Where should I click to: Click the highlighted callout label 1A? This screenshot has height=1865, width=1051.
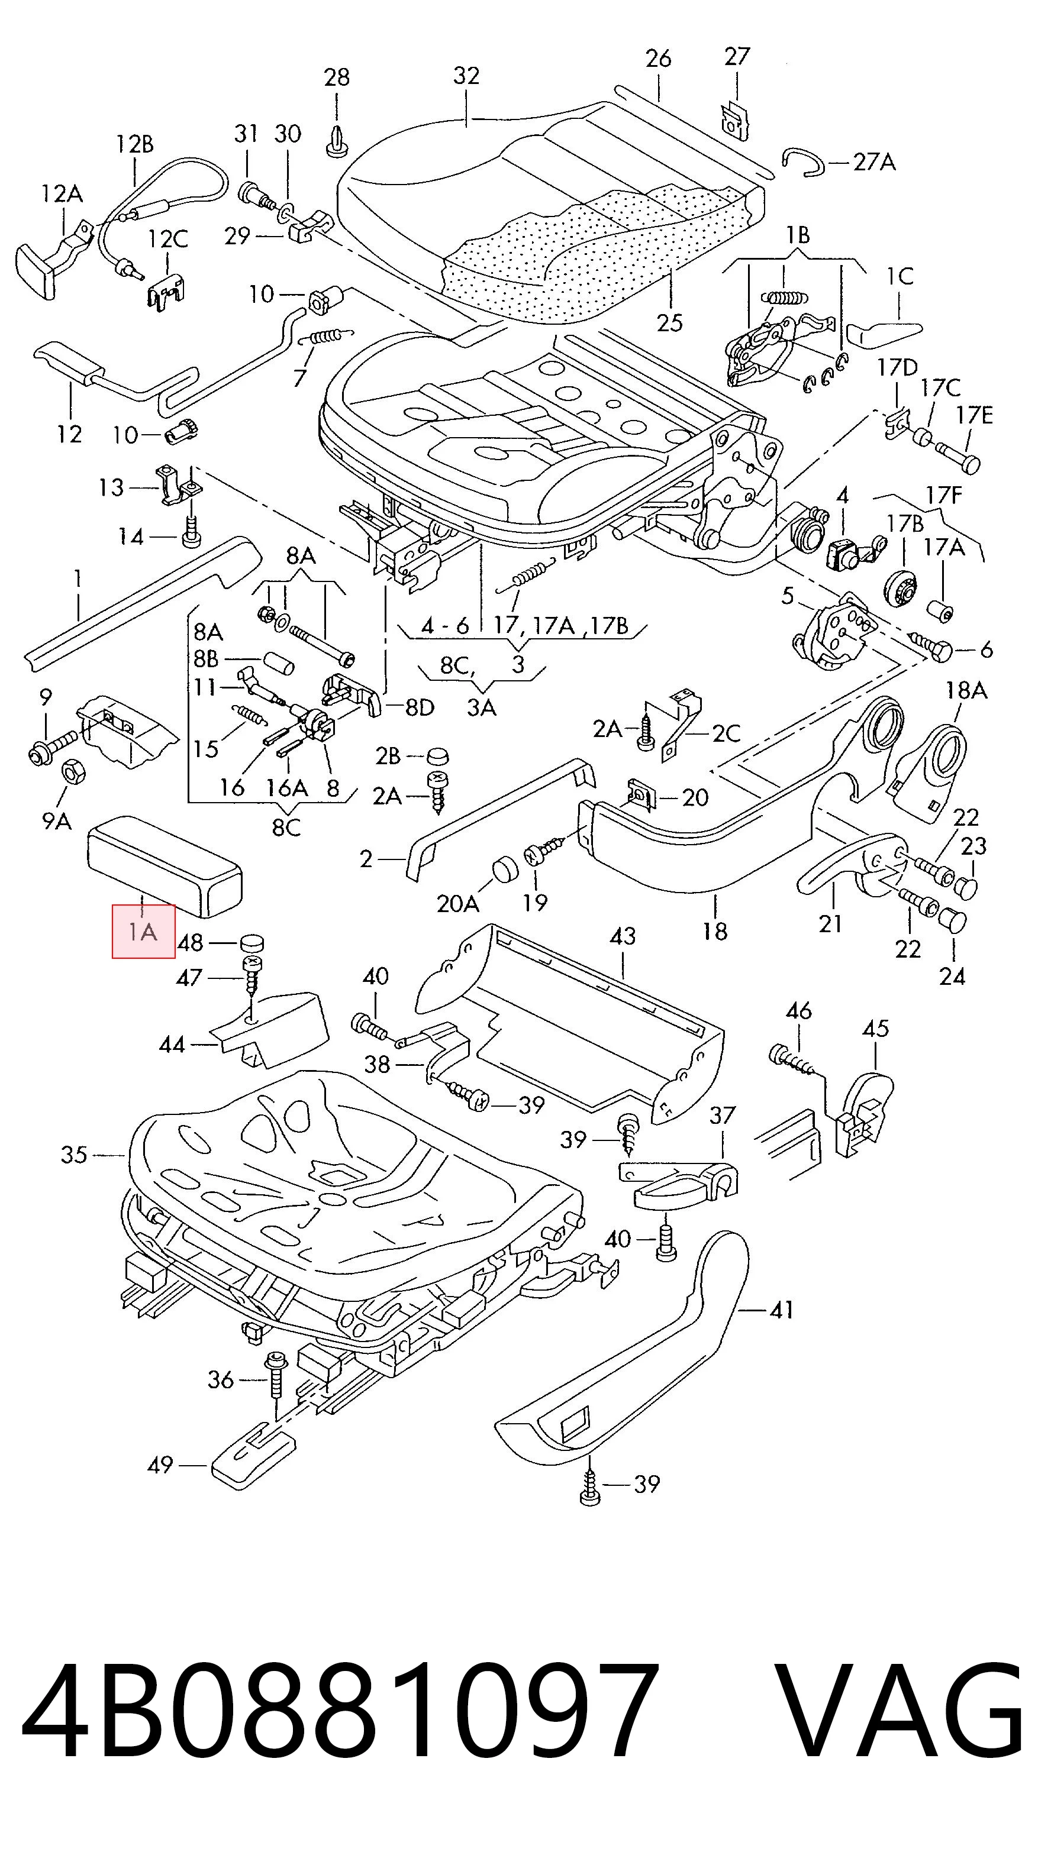pyautogui.click(x=143, y=931)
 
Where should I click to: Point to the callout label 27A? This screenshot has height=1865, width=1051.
pyautogui.click(x=874, y=162)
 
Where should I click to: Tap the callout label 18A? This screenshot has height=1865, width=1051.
pyautogui.click(x=966, y=691)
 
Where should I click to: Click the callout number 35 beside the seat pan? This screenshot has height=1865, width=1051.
pyautogui.click(x=74, y=1155)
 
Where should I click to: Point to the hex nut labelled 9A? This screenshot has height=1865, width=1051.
pyautogui.click(x=72, y=772)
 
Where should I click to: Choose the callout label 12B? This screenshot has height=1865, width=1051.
pyautogui.click(x=135, y=145)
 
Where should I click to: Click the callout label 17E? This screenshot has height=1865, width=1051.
pyautogui.click(x=974, y=416)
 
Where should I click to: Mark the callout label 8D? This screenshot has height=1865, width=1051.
pyautogui.click(x=420, y=707)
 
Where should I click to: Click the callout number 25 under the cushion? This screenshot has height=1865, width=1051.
pyautogui.click(x=669, y=322)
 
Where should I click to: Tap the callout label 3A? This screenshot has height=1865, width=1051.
pyautogui.click(x=481, y=707)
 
